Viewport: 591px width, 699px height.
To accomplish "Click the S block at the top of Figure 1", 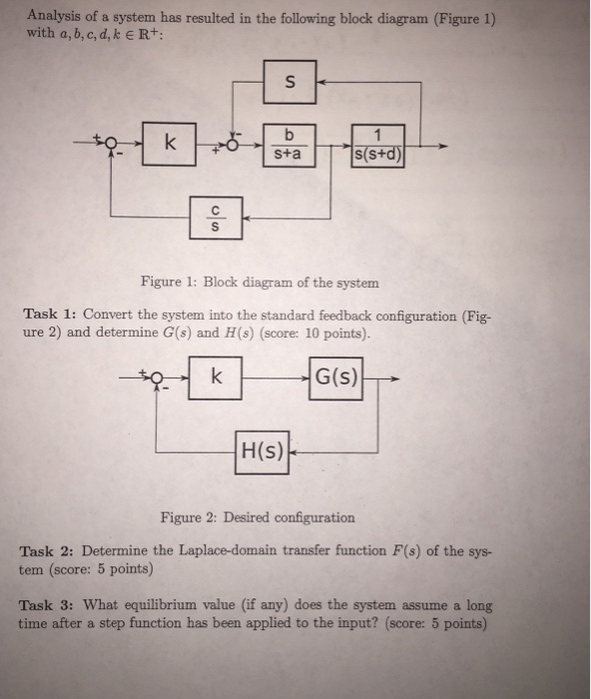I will [x=290, y=83].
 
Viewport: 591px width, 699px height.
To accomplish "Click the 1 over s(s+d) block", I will [x=378, y=145].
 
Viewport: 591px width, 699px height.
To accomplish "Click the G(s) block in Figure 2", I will [x=337, y=379].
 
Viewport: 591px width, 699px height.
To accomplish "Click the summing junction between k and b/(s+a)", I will [x=232, y=146].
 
